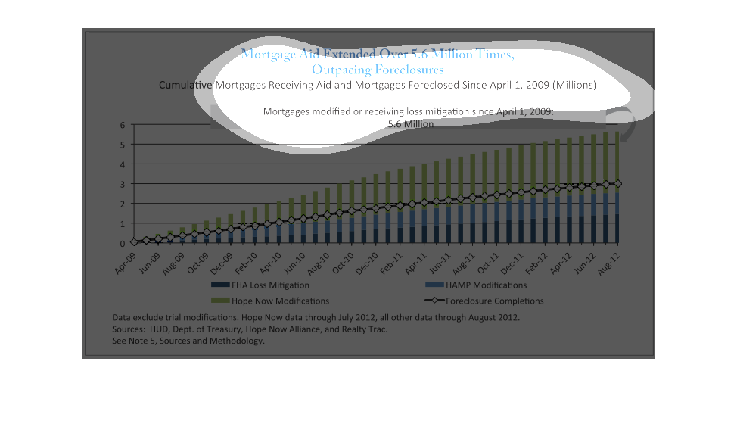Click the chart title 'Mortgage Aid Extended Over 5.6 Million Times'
pos(378,55)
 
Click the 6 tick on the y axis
pos(123,124)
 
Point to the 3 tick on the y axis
pos(123,184)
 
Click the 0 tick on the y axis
pos(123,244)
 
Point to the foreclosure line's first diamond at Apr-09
pos(134,242)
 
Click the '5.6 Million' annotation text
pos(410,124)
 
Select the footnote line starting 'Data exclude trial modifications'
pos(316,317)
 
